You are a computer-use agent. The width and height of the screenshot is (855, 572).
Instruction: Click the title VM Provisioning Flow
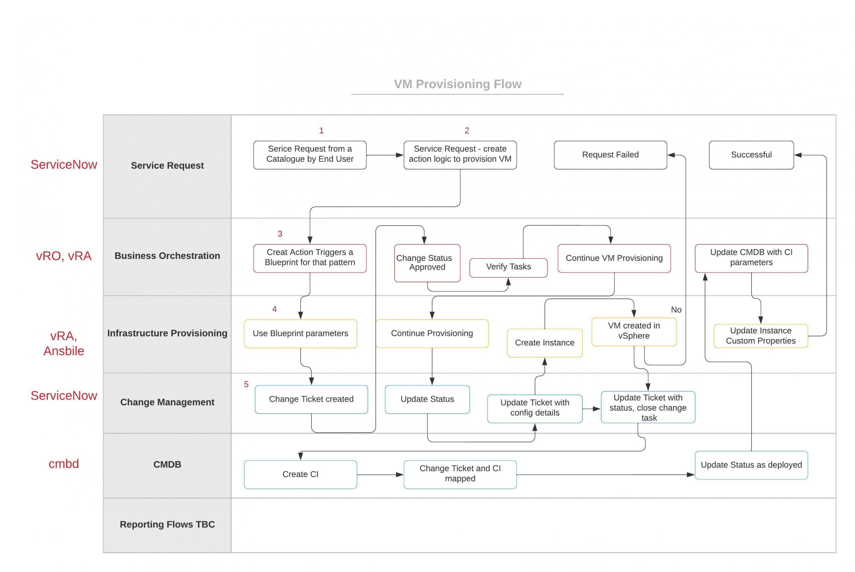tap(457, 84)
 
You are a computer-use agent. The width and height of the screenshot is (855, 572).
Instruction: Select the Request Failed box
tap(610, 155)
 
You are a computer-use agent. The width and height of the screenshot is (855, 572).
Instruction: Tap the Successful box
tap(751, 155)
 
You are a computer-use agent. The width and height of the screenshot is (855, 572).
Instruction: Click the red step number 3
tap(280, 234)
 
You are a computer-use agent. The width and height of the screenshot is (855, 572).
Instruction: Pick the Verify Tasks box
tap(508, 267)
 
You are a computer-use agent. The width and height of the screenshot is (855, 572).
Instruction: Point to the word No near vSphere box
tap(676, 310)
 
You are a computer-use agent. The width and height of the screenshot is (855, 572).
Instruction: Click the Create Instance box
tap(544, 342)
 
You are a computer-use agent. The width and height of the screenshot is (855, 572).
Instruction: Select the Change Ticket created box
tap(311, 399)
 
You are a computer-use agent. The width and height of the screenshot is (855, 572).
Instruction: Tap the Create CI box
tap(300, 474)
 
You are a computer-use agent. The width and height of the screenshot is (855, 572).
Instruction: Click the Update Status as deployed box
tap(751, 465)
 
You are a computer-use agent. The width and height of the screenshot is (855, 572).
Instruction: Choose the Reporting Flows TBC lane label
tap(167, 524)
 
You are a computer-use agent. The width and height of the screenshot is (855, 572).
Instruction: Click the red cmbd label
tap(64, 464)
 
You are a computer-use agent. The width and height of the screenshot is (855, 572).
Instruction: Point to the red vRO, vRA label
tap(64, 256)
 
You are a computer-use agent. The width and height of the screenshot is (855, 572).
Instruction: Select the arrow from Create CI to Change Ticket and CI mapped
tap(379, 474)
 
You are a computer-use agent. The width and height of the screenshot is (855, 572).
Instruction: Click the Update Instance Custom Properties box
tap(760, 335)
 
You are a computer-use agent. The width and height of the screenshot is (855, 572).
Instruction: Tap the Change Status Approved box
tap(426, 263)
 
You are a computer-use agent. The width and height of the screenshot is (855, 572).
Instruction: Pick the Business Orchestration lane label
tap(167, 256)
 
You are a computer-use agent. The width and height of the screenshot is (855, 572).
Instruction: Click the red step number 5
tap(246, 385)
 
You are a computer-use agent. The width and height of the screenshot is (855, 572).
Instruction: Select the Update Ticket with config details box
tap(534, 408)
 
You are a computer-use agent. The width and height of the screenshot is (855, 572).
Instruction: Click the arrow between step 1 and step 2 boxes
tap(384, 155)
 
